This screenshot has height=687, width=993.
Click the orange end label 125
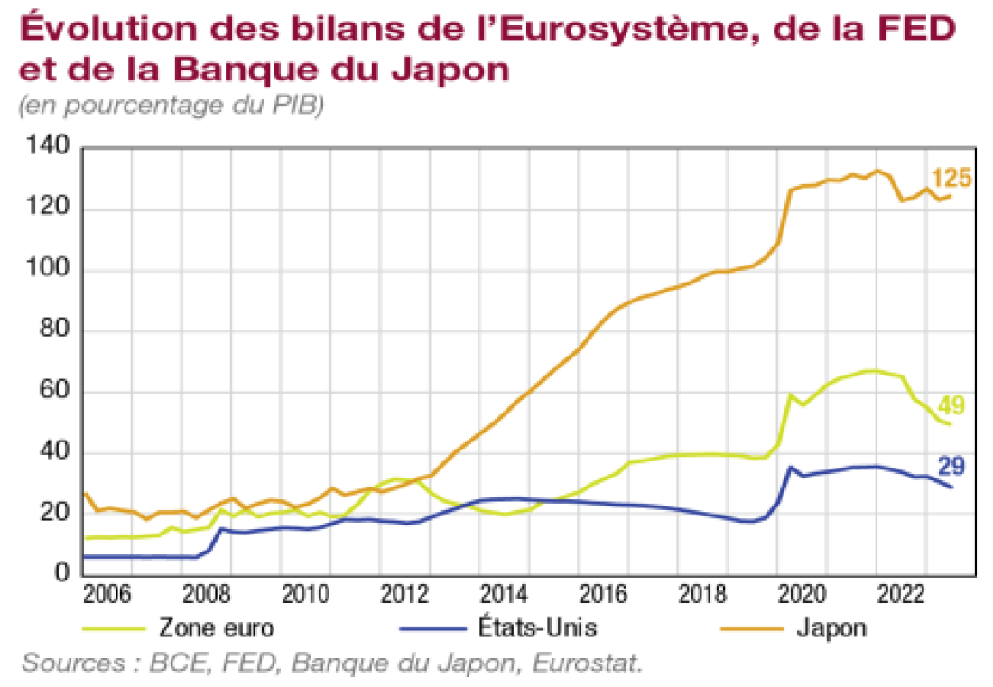(951, 178)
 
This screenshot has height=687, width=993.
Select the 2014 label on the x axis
(499, 596)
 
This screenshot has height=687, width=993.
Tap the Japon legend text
(831, 627)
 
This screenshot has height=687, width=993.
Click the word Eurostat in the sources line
(588, 664)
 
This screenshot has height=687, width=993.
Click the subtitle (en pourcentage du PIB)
(171, 106)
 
